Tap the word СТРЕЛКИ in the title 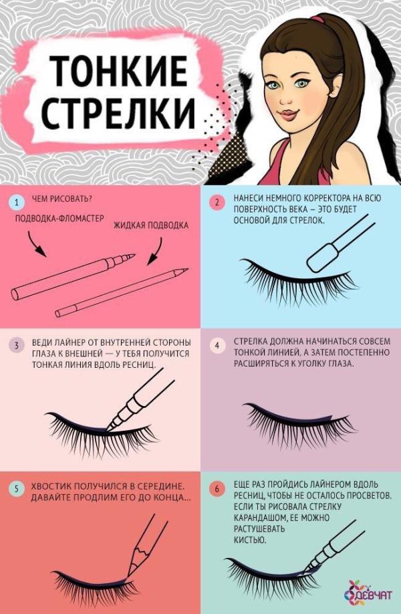coord(118,112)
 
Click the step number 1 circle coord(17,203)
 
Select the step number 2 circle coord(217,203)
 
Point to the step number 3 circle coord(17,345)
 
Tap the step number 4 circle coord(217,345)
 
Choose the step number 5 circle coord(17,489)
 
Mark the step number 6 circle coord(217,489)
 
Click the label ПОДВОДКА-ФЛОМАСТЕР coord(59,219)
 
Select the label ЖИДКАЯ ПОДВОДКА coord(151,225)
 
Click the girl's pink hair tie coord(317,19)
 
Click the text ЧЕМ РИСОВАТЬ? coord(65,199)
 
